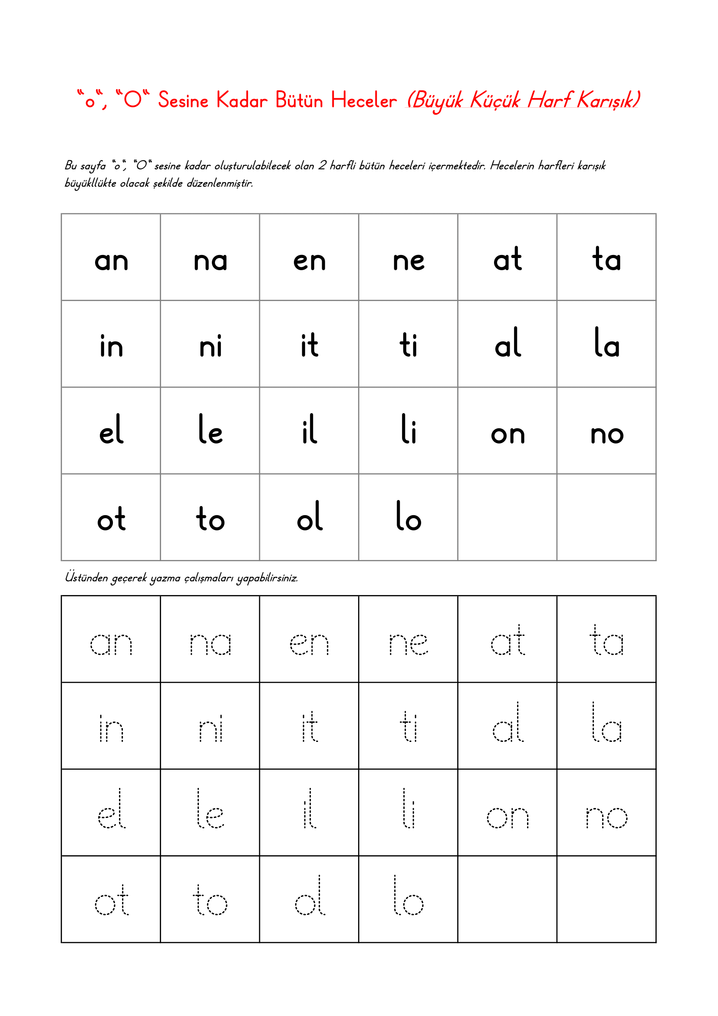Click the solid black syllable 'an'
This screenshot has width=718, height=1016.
coord(112,261)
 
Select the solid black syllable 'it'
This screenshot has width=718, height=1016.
coord(310,345)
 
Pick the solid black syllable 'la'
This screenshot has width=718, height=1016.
coord(606,343)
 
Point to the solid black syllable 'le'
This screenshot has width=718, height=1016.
coord(211,430)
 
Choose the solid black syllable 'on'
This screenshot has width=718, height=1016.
coord(507,434)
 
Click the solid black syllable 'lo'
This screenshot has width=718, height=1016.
coord(408,516)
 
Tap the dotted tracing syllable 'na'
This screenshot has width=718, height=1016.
coord(211,644)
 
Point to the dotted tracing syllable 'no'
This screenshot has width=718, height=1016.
coord(606,817)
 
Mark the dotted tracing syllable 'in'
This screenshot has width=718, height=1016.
coord(112,728)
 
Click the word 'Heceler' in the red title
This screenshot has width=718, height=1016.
coord(363,100)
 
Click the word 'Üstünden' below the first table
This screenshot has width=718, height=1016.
coord(86,577)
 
